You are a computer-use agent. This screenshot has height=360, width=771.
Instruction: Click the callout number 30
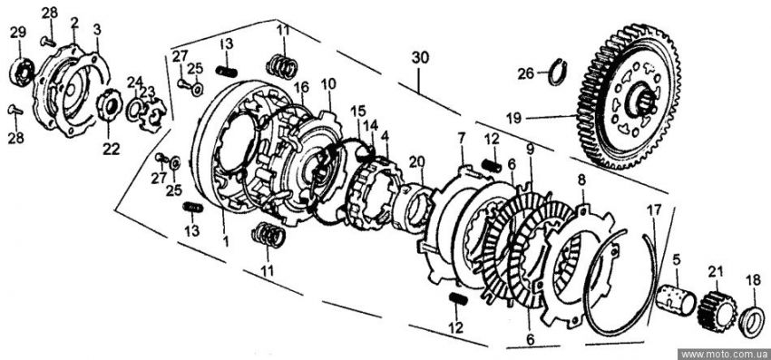tap(420, 57)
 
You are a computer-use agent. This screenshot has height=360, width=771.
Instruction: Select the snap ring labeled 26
tap(558, 73)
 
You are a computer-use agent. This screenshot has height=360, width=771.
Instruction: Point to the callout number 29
tap(18, 33)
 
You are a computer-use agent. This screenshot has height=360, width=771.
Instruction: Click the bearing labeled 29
tap(21, 71)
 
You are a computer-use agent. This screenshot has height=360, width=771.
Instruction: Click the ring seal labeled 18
tap(752, 321)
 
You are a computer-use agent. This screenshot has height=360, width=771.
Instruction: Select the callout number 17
tap(654, 211)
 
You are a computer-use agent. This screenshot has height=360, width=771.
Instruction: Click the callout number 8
tap(581, 180)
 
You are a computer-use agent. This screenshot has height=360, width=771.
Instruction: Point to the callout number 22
tap(112, 149)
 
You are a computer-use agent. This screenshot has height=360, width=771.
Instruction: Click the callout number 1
tap(225, 241)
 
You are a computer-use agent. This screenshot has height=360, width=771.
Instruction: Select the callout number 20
tap(416, 161)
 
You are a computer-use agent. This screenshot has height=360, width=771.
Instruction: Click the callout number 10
tap(328, 83)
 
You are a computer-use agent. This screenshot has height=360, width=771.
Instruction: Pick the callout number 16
tap(301, 88)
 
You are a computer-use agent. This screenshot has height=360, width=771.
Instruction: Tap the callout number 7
tap(461, 138)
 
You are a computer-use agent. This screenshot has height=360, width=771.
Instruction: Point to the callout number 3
tap(97, 30)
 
